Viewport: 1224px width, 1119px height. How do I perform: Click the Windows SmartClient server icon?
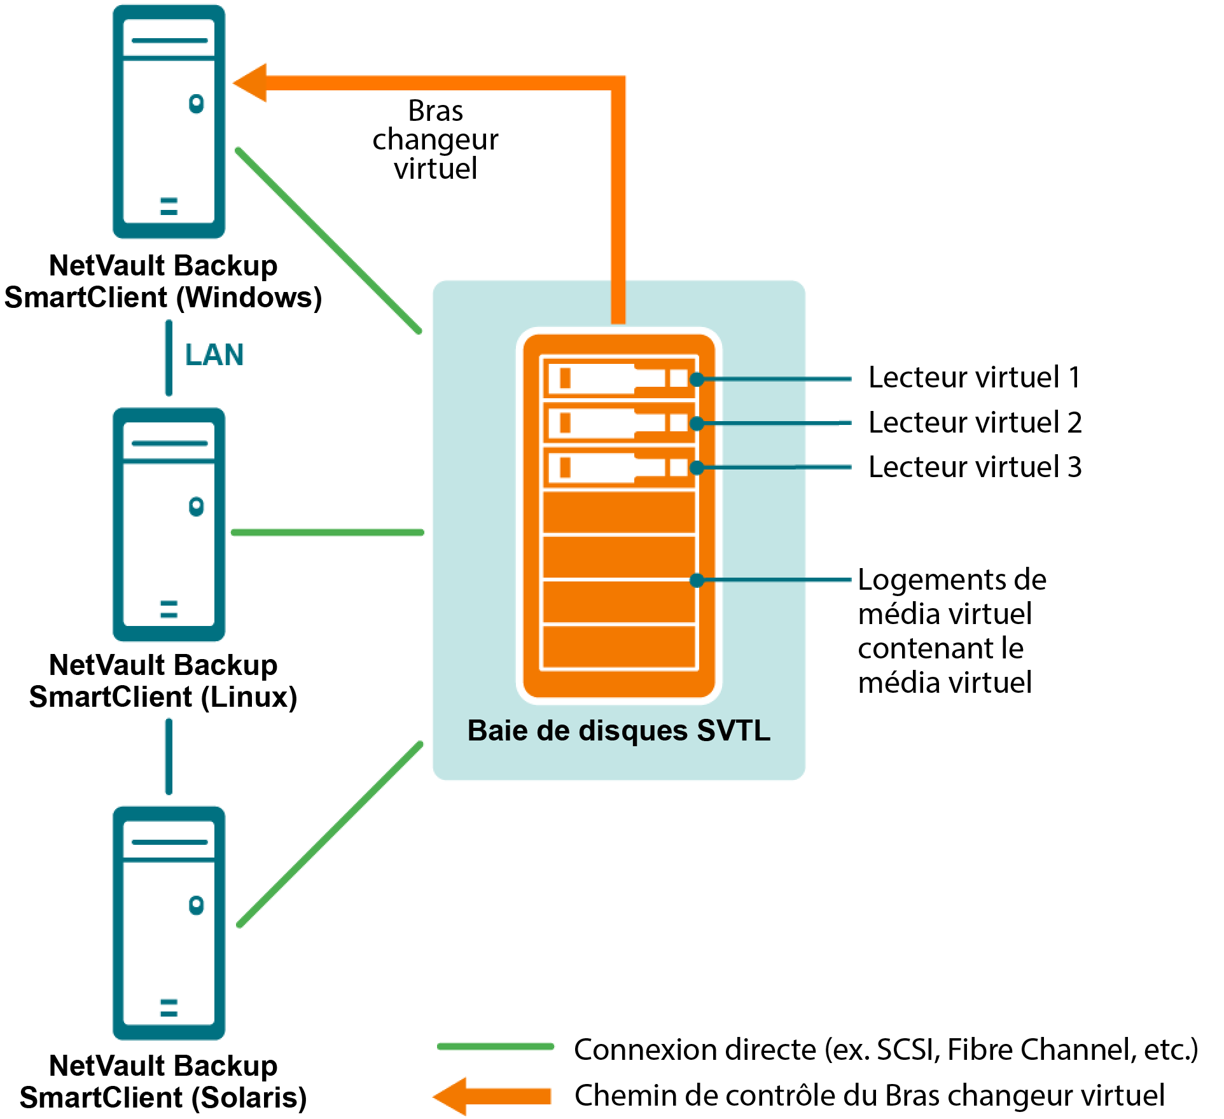[169, 122]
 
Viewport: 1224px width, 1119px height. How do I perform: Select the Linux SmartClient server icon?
[169, 524]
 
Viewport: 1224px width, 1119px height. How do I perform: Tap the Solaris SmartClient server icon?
[169, 923]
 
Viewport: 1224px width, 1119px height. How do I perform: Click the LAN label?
[214, 355]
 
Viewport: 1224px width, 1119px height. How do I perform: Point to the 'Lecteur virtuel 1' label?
[974, 377]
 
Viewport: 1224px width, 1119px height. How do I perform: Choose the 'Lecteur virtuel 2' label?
[975, 422]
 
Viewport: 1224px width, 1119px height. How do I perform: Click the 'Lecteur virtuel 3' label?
[975, 467]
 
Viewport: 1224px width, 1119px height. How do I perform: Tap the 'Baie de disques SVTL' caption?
[618, 730]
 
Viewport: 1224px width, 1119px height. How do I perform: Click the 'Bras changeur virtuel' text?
[436, 139]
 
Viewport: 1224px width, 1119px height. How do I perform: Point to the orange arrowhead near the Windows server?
[251, 83]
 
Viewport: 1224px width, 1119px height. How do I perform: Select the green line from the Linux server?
[328, 532]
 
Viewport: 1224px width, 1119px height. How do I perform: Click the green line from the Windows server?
[328, 240]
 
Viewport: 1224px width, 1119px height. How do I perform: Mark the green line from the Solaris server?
[330, 834]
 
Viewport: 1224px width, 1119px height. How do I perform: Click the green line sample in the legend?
[496, 1046]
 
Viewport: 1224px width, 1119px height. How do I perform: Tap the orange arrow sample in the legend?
[493, 1095]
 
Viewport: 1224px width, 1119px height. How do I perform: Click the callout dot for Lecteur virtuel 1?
[697, 379]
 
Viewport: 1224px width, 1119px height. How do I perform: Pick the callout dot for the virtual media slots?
[697, 580]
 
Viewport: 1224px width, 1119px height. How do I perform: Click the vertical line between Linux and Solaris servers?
[169, 757]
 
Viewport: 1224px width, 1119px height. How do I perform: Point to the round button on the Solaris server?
[197, 905]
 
